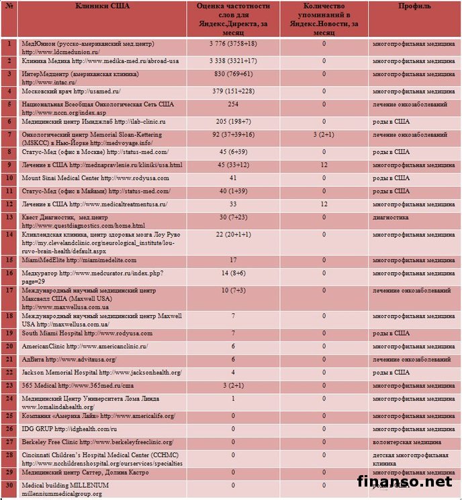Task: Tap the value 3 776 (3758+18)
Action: pos(233,43)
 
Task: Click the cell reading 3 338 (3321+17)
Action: pos(233,60)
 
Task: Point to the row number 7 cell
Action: pos(9,134)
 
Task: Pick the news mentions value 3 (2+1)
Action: pos(324,134)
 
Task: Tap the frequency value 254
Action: pos(233,104)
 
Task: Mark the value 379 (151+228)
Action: pos(233,91)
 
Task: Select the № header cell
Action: pos(9,6)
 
